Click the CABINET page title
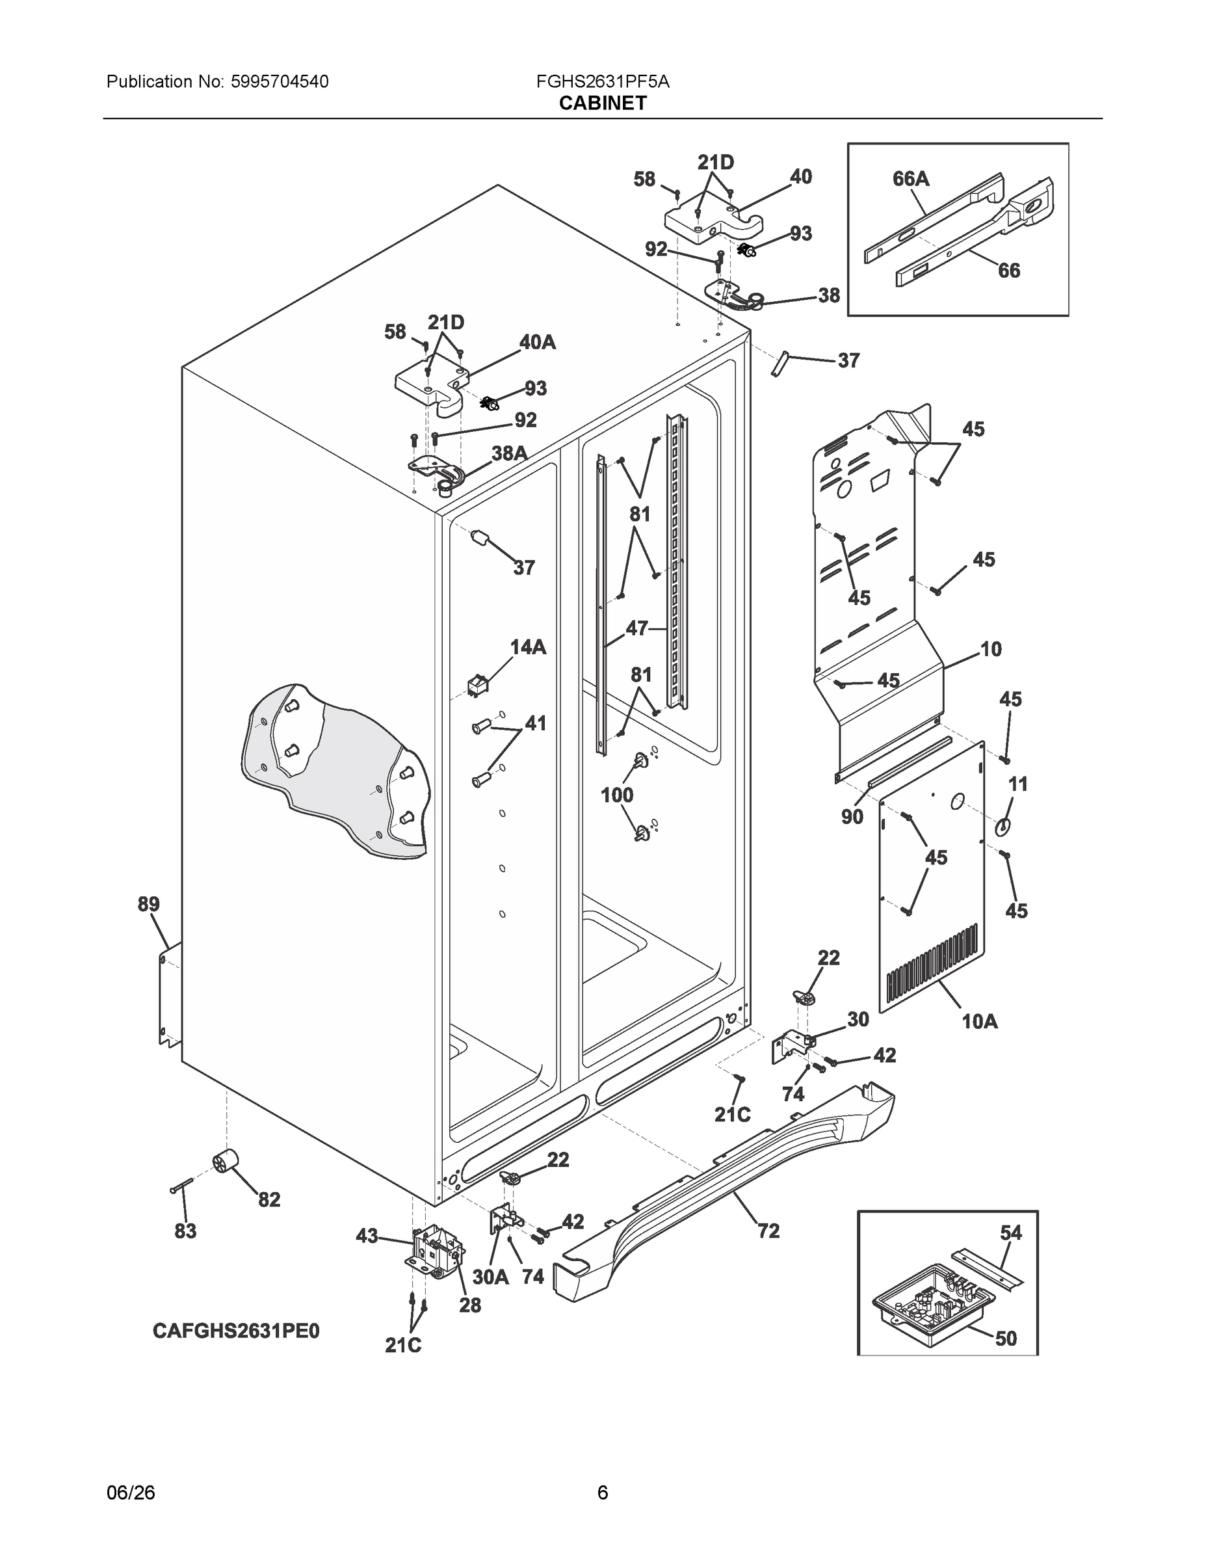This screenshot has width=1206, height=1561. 602,103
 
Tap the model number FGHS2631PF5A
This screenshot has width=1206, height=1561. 602,81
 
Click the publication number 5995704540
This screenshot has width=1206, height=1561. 280,81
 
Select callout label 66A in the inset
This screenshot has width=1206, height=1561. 911,179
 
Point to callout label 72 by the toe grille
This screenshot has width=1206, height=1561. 768,1231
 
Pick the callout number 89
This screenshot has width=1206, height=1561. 149,904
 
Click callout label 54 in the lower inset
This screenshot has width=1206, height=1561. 1011,1233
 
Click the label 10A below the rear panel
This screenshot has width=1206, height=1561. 980,1021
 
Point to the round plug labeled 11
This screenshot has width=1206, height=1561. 1003,826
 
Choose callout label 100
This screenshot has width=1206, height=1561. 616,795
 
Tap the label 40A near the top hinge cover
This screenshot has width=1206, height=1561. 537,342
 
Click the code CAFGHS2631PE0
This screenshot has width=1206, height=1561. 236,1331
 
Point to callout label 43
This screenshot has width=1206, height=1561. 367,1236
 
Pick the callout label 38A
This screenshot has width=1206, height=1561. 510,453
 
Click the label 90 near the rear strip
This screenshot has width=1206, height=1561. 852,816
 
